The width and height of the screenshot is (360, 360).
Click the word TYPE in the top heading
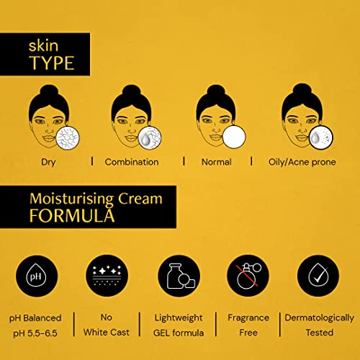coord(51,63)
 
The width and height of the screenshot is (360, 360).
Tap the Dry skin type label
coord(48,161)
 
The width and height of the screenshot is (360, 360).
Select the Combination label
coord(132,161)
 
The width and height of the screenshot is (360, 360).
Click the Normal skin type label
coord(216,161)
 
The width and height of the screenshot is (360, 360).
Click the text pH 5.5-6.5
coord(36,333)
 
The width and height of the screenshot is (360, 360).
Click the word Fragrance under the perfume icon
coord(248,318)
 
